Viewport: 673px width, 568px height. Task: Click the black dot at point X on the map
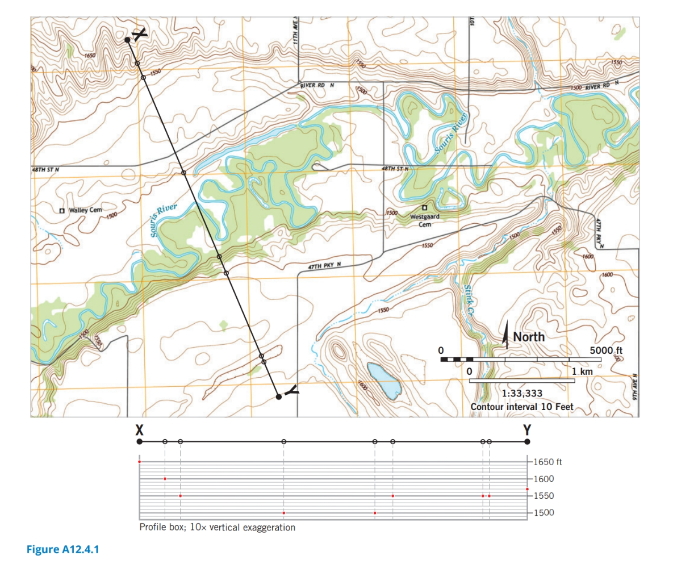point(127,40)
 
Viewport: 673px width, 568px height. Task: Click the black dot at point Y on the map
point(278,396)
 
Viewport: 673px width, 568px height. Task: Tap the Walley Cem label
point(85,210)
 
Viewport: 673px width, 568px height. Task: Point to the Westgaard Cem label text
point(425,220)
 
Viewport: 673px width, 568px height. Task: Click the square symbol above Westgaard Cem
point(424,207)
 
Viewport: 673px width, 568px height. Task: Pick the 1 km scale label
point(582,371)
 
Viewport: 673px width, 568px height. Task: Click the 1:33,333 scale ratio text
point(522,394)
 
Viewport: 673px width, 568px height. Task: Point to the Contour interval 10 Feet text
point(522,407)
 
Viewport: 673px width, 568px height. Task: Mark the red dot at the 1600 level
point(165,479)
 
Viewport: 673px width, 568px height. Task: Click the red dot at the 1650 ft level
point(139,462)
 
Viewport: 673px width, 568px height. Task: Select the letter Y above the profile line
point(527,428)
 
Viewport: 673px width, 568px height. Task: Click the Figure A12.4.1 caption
point(62,549)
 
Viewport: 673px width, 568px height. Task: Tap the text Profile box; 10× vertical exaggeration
point(217,528)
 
